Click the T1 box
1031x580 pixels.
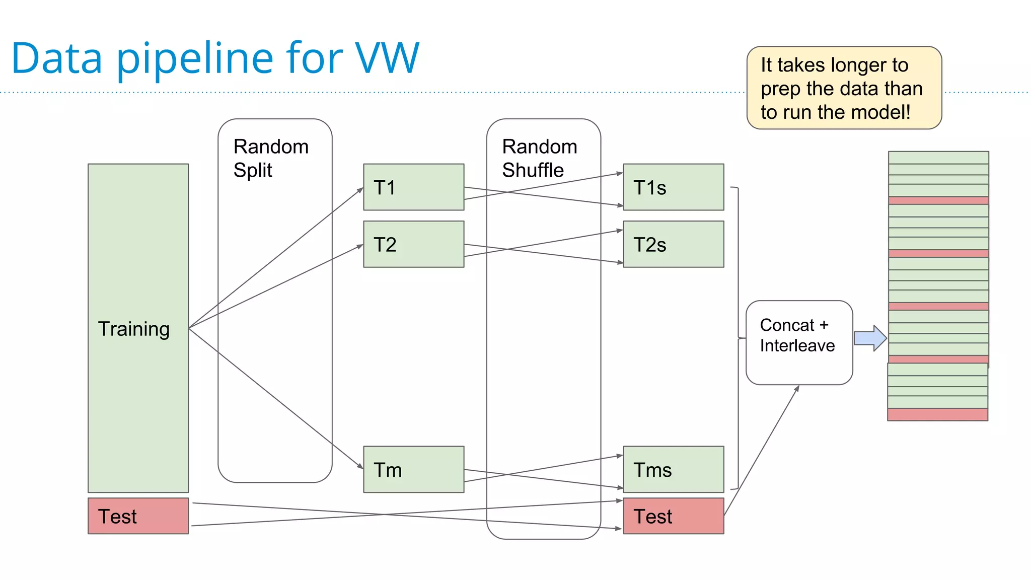tap(413, 187)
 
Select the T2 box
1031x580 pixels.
tap(413, 244)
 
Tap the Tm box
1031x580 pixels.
tap(413, 469)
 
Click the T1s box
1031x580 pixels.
tap(674, 187)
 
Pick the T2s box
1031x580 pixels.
tap(674, 244)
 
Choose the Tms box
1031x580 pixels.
tap(674, 469)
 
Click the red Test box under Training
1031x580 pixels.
tap(138, 516)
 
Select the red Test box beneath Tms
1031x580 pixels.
tap(674, 516)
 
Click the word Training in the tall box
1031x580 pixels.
tap(134, 329)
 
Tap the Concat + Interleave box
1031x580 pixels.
tap(799, 342)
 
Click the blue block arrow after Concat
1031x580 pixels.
tap(870, 338)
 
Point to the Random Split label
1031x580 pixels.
tap(271, 158)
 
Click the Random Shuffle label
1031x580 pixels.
tap(540, 158)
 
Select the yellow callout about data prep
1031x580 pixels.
tap(844, 88)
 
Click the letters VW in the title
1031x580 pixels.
tap(387, 58)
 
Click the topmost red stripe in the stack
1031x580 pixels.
tap(938, 200)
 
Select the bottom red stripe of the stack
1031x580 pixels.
tap(937, 414)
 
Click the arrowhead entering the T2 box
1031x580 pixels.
tap(360, 246)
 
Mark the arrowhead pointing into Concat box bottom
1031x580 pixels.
tap(797, 388)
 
